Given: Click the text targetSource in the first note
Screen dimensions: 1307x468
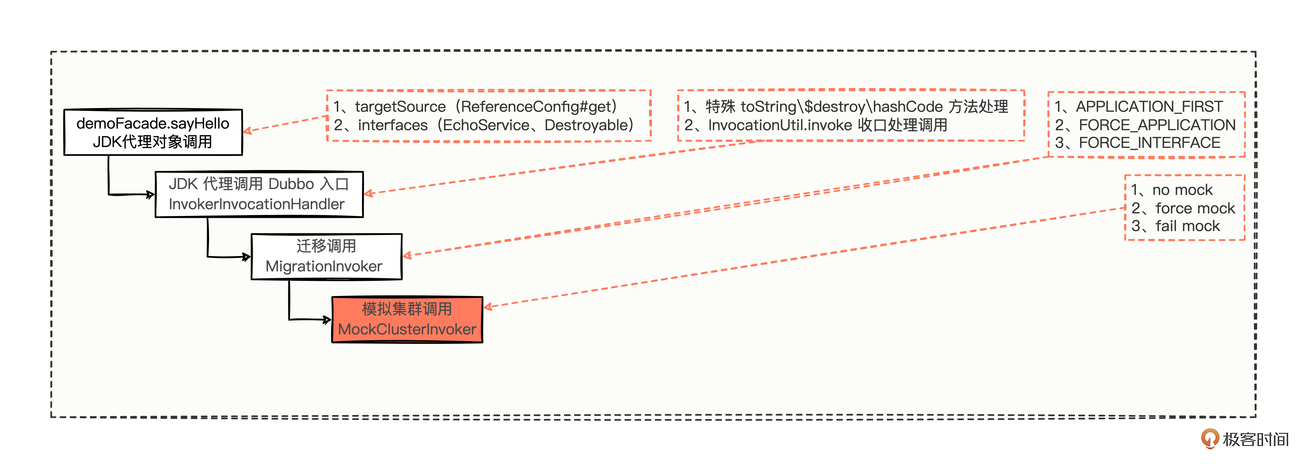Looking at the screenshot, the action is pyautogui.click(x=400, y=107).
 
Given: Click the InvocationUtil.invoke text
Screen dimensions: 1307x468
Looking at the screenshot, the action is pyautogui.click(x=780, y=125).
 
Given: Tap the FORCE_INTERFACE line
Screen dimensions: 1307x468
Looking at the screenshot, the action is pyautogui.click(x=1137, y=143).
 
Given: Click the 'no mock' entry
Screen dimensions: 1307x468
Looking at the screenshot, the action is pyautogui.click(x=1172, y=190).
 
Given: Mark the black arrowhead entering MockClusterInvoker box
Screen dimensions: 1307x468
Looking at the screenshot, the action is pyautogui.click(x=327, y=320).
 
